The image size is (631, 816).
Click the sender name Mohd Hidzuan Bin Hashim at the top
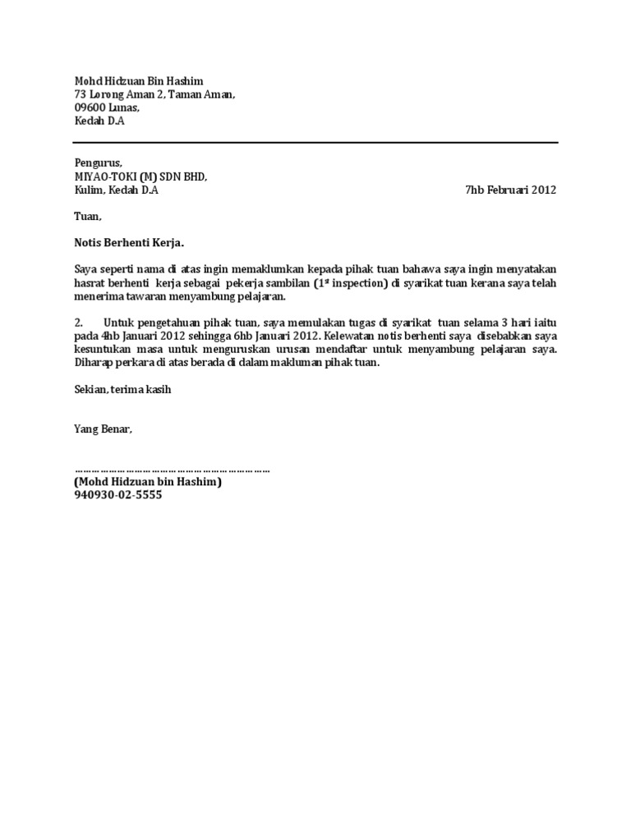tap(138, 81)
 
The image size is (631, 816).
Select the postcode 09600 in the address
tap(91, 108)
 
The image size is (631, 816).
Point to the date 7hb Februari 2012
tap(510, 190)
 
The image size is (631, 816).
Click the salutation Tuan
tap(89, 217)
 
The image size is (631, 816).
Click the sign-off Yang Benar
tap(103, 429)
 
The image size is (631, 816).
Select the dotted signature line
tap(172, 470)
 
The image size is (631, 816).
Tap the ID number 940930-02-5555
tap(118, 496)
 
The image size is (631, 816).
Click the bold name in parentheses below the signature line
tap(148, 483)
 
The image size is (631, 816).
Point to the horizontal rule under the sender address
tap(315, 143)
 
